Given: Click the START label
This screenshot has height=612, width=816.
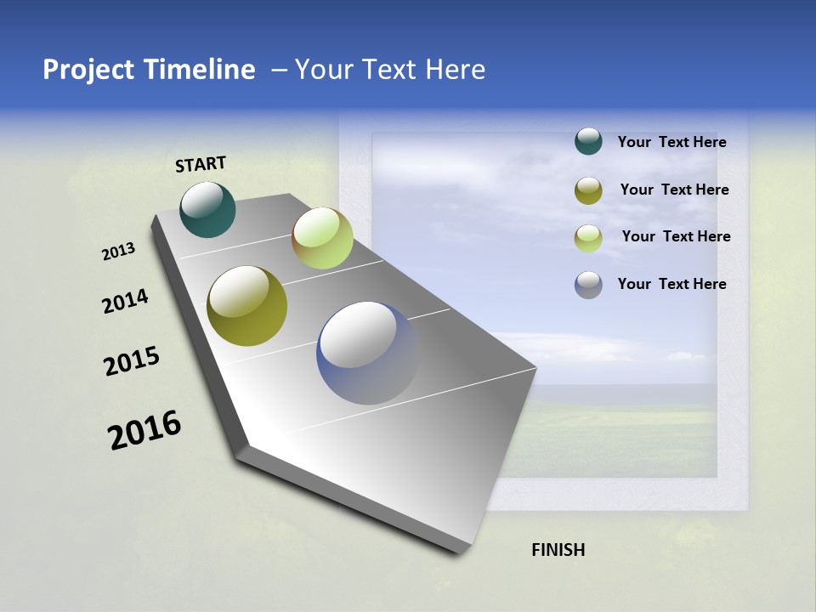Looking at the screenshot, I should pyautogui.click(x=201, y=164).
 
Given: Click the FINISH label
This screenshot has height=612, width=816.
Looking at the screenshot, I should pyautogui.click(x=558, y=550).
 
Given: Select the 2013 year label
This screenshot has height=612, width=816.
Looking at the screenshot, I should pyautogui.click(x=118, y=252).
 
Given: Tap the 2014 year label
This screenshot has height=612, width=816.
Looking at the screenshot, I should pyautogui.click(x=125, y=302).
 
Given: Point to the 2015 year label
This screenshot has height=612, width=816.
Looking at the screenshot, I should pyautogui.click(x=132, y=361).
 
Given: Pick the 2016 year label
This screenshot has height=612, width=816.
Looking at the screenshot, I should pyautogui.click(x=144, y=430).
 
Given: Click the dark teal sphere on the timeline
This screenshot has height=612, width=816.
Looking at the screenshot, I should pyautogui.click(x=208, y=209).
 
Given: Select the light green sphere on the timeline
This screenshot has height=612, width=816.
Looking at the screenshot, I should pyautogui.click(x=322, y=238).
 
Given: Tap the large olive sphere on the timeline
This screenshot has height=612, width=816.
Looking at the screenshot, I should pyautogui.click(x=247, y=306).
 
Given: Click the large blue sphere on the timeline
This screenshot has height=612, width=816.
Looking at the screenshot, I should pyautogui.click(x=367, y=353).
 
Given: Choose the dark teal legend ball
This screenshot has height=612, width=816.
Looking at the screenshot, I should pyautogui.click(x=588, y=142).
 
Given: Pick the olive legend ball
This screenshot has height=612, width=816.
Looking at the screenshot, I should pyautogui.click(x=588, y=190).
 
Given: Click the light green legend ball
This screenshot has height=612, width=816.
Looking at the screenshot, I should pyautogui.click(x=588, y=237).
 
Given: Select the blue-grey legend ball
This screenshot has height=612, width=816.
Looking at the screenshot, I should pyautogui.click(x=588, y=285).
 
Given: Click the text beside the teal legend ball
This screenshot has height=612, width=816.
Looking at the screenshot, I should pyautogui.click(x=671, y=142).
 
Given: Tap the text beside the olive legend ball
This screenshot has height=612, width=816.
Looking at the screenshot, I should pyautogui.click(x=674, y=190).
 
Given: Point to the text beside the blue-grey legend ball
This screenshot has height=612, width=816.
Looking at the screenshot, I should pyautogui.click(x=671, y=284).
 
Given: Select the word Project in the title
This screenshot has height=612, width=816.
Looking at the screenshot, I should pyautogui.click(x=89, y=70).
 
